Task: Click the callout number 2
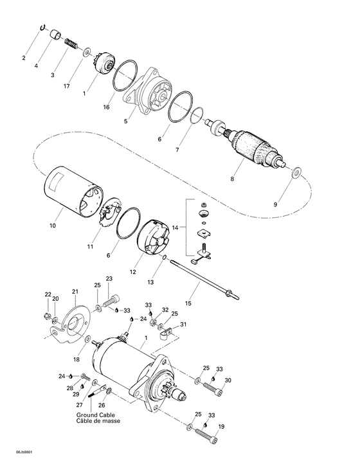[x=24, y=58]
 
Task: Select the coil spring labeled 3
[x=71, y=44]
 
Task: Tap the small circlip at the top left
[x=42, y=27]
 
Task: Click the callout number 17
[x=66, y=86]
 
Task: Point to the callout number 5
[x=125, y=121]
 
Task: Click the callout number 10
[x=52, y=226]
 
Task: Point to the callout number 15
[x=188, y=303]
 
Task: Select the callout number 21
[x=75, y=292]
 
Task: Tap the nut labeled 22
[x=46, y=315]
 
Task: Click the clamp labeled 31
[x=165, y=332]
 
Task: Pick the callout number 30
[x=228, y=380]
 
